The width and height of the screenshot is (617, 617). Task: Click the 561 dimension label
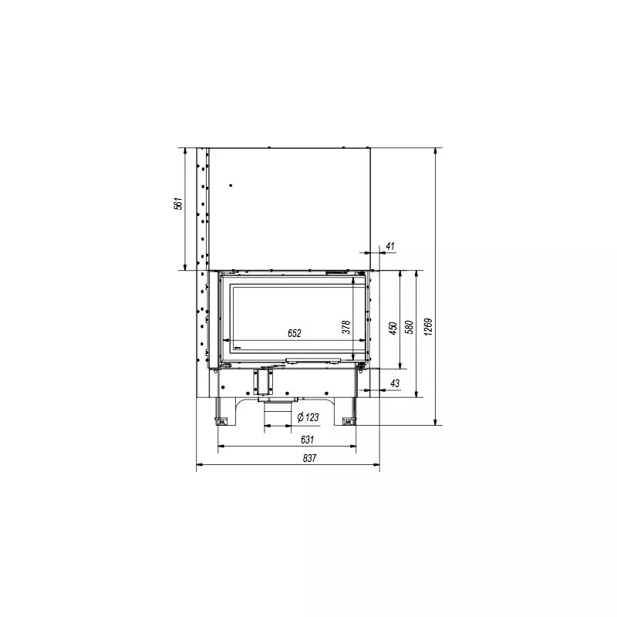(179, 204)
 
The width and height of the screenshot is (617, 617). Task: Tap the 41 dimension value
(390, 246)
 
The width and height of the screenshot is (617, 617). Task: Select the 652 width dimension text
(295, 333)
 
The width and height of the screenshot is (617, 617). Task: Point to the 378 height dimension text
(346, 327)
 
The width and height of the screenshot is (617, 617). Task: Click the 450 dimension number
(393, 329)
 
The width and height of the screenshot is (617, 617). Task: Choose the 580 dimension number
(410, 327)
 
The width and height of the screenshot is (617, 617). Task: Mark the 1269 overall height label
(429, 327)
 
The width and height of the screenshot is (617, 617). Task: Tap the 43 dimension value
(395, 383)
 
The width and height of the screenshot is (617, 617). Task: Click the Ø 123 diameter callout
(308, 417)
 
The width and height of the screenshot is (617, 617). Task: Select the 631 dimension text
(307, 439)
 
